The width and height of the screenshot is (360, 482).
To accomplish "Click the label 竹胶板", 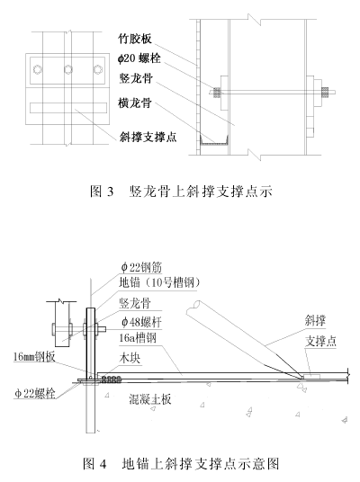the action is (135, 39).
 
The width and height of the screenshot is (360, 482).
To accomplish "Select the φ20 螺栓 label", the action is (139, 58).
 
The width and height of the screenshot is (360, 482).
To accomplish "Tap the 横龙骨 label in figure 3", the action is (135, 103).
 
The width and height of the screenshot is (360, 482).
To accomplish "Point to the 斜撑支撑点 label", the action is (148, 137).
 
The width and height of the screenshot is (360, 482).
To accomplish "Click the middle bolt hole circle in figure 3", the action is (68, 70).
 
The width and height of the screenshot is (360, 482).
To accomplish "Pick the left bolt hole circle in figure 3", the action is (38, 70).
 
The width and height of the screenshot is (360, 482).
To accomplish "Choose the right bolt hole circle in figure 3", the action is (98, 70).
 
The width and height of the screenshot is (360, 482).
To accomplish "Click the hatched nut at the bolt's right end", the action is (325, 92).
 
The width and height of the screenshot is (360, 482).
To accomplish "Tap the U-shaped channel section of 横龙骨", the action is (214, 142).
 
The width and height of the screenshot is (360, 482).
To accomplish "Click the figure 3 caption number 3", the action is (110, 192).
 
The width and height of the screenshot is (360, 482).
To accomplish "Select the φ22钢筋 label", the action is (141, 267).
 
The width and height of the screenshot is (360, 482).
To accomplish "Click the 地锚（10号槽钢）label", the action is (159, 282).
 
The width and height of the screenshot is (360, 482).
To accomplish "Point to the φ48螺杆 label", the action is (141, 322).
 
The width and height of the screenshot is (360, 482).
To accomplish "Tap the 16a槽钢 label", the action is (138, 338).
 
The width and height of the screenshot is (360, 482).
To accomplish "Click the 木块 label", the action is (130, 358).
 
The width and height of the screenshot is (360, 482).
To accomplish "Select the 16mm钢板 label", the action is (34, 357).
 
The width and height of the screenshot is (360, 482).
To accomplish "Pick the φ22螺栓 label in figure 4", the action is (35, 393).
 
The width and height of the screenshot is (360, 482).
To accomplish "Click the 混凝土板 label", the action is (149, 399).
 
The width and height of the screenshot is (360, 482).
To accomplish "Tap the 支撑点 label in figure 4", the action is (320, 341).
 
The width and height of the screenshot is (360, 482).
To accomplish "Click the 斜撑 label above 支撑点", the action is (315, 321).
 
